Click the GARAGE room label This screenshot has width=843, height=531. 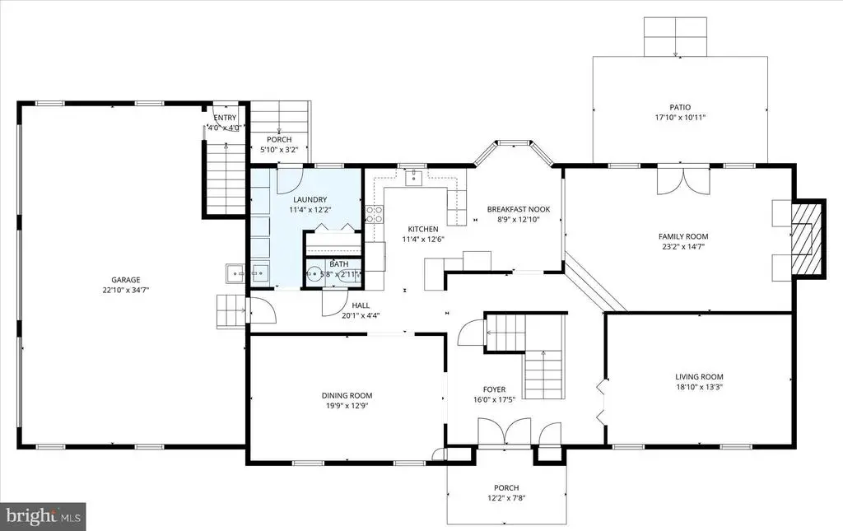[125, 279]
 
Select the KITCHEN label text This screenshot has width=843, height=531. [423, 229]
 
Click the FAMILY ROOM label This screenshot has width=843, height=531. [683, 236]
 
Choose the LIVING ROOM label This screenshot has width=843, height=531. [699, 377]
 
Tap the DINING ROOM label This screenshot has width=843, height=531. [347, 395]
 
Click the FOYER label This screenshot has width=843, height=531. [494, 389]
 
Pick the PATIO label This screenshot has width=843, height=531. [680, 108]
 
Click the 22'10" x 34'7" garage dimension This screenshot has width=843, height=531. [125, 290]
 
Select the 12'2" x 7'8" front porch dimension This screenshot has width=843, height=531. [506, 498]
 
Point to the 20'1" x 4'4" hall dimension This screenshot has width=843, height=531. [361, 315]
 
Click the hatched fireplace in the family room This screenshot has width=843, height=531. [807, 238]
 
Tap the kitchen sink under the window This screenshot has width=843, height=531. [414, 177]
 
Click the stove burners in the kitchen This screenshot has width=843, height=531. [375, 214]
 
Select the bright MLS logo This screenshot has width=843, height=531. [43, 516]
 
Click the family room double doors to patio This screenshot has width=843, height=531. [683, 182]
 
